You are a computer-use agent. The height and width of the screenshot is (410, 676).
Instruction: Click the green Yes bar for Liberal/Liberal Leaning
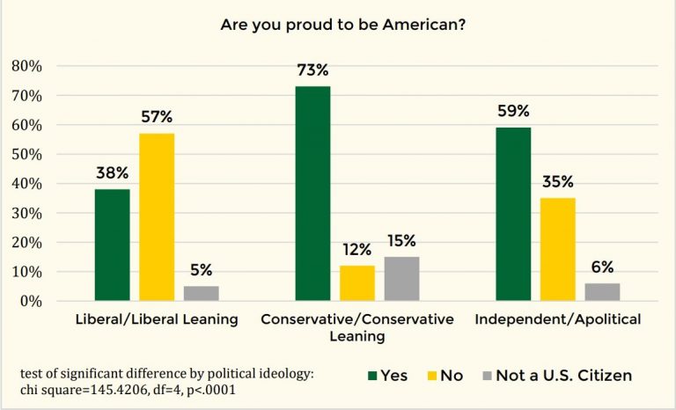coord(112,245)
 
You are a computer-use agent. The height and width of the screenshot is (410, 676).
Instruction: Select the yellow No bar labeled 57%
coord(157,216)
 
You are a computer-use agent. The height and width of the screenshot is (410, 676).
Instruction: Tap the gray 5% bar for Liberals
coord(201,293)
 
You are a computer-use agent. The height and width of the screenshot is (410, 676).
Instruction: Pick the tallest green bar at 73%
coord(312,194)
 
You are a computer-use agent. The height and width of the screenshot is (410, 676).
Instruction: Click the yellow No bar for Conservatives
coord(357,282)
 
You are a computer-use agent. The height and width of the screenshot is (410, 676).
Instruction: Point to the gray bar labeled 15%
coord(401,278)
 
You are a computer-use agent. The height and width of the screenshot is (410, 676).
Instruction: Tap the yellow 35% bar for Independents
coord(558,249)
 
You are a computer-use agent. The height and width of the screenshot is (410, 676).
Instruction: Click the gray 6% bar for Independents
coord(602,292)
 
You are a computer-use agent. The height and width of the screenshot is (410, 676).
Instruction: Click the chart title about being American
coord(343,25)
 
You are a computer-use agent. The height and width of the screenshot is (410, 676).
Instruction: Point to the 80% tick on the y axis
coord(26,66)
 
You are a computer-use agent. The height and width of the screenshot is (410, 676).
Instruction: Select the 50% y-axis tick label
coord(26,154)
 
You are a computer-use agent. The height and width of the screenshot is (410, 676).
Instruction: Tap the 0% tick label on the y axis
coord(30,301)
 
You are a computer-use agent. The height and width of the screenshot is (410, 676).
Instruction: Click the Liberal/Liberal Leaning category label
coord(156,319)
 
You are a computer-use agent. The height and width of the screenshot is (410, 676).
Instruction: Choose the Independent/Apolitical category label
coord(557,319)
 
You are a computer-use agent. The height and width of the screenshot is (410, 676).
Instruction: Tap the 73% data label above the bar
coord(312,70)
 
